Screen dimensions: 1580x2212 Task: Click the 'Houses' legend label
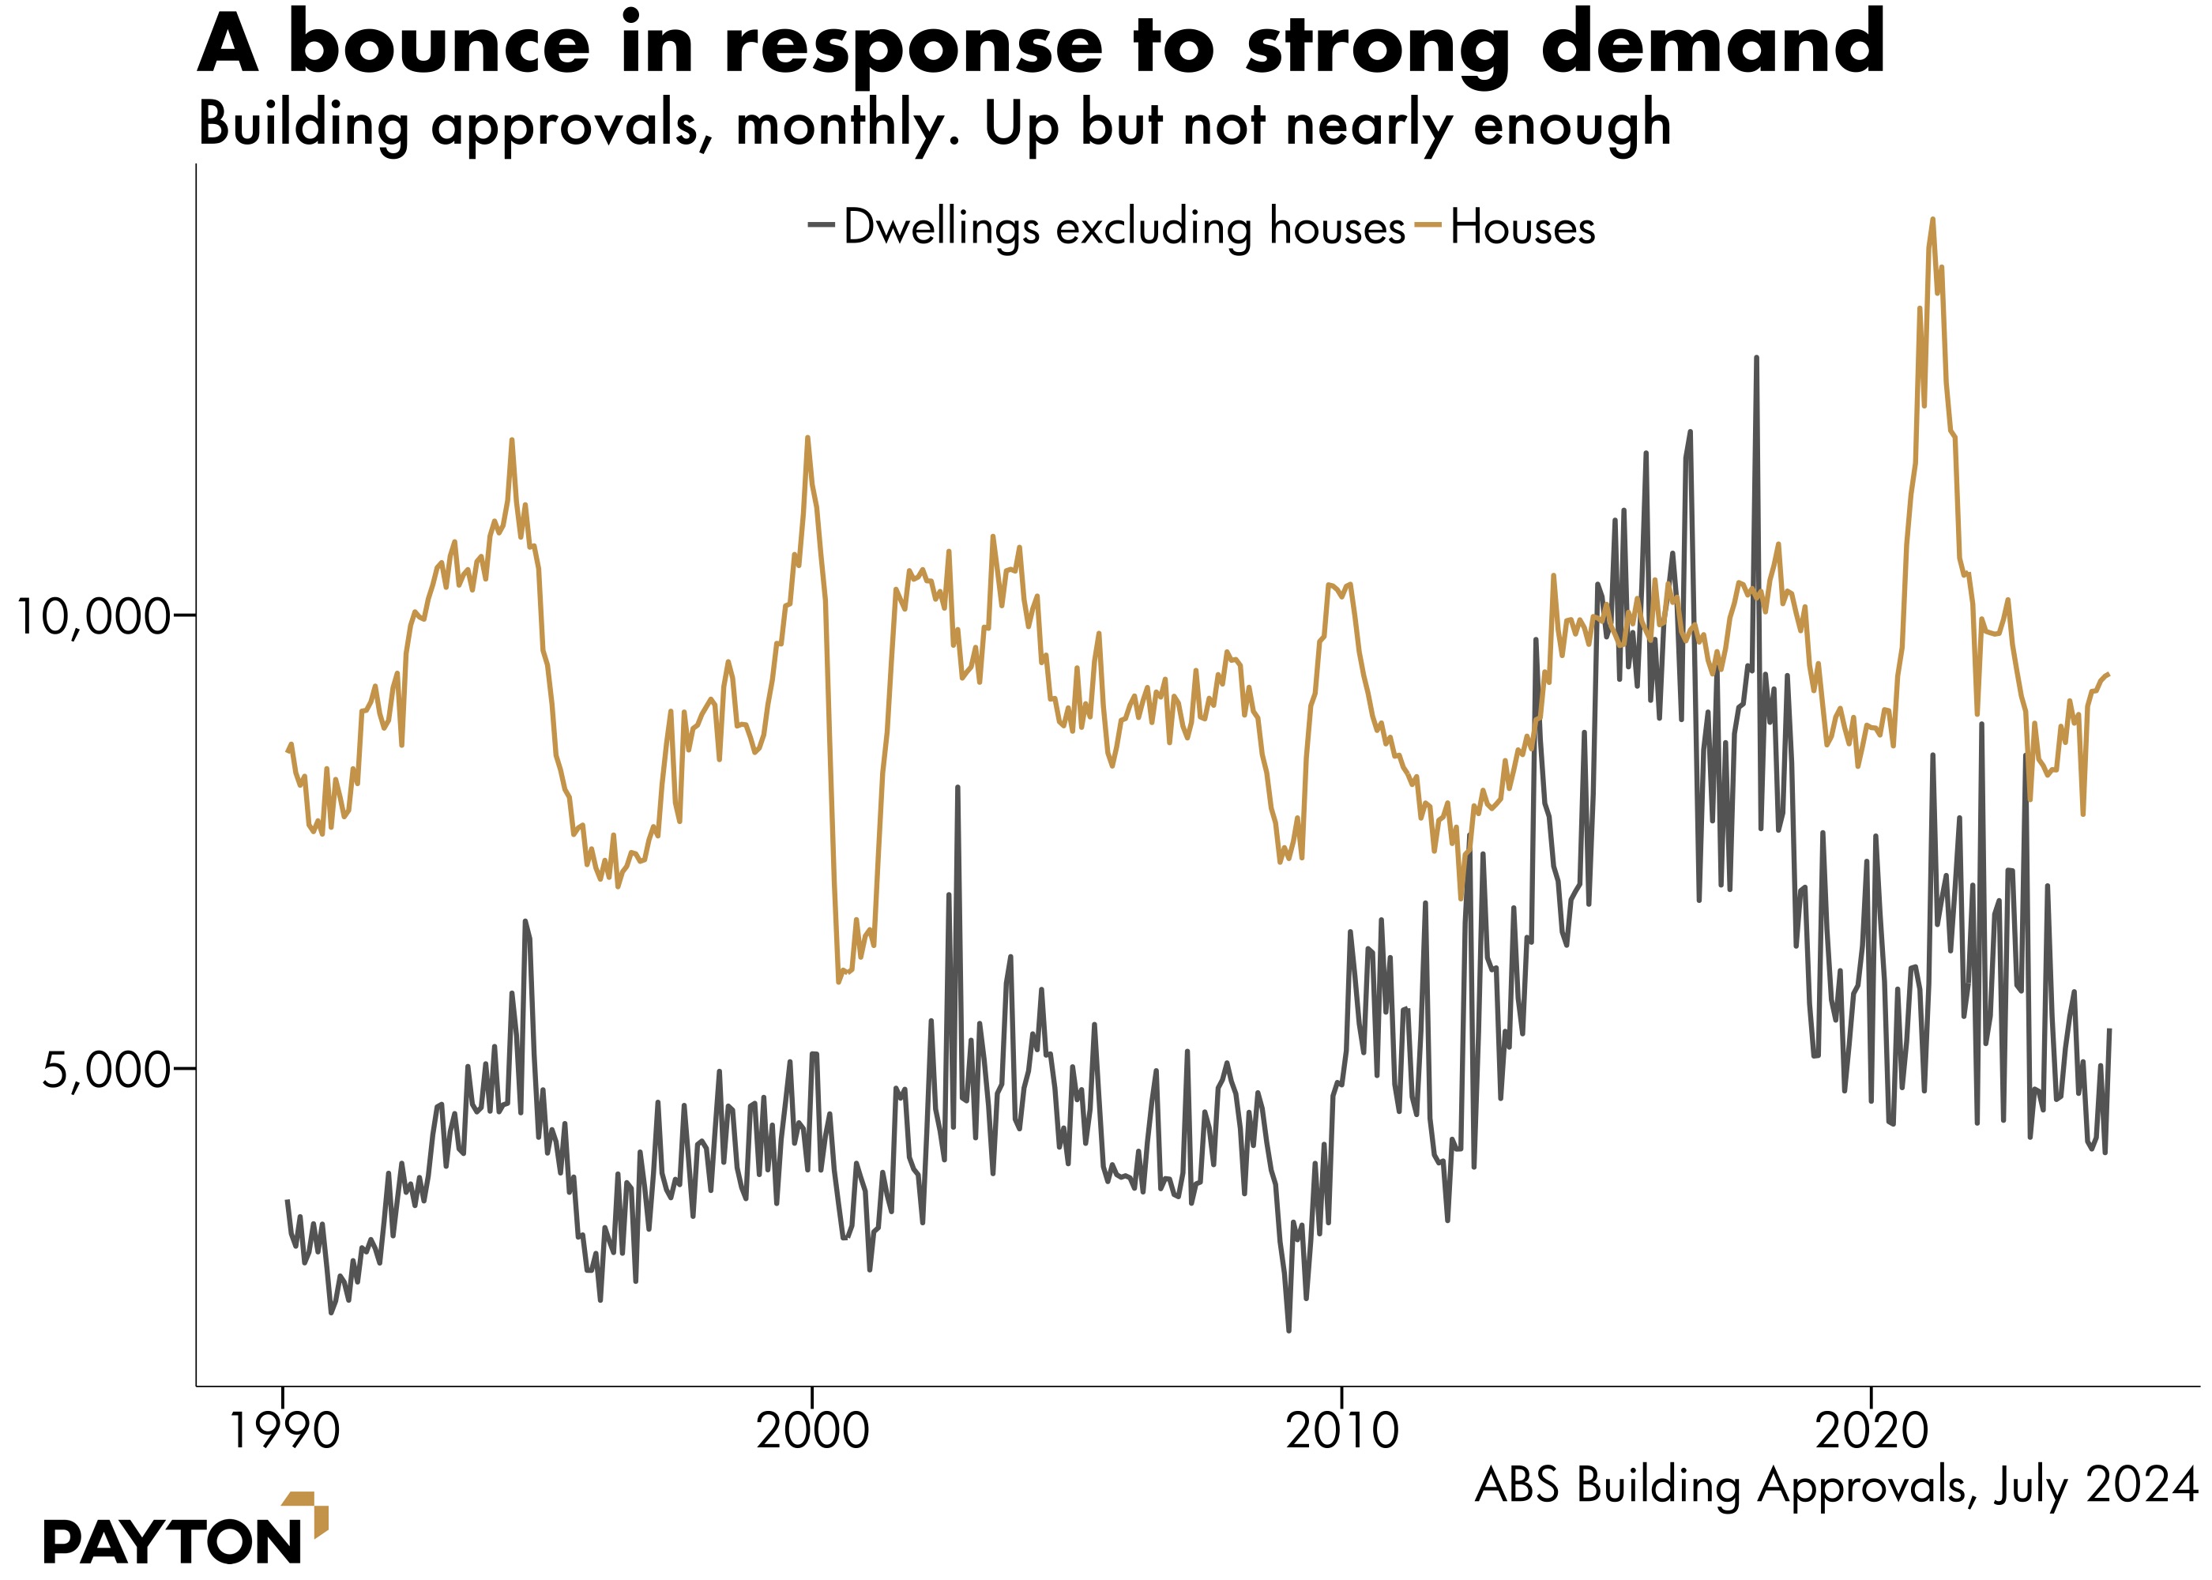click(1522, 228)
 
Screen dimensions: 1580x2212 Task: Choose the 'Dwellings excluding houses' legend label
click(1123, 228)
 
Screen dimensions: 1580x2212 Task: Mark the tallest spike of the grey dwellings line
click(1756, 358)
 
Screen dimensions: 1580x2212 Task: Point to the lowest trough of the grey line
click(1288, 1330)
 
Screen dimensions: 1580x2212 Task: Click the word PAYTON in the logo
click(172, 1542)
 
